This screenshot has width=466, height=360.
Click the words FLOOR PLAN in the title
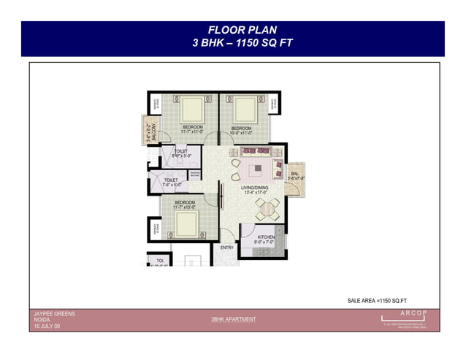pos(232,31)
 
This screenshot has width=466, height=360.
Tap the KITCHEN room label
pos(264,238)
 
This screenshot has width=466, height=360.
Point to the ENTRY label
pos(226,248)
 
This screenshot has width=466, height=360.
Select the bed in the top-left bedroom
pos(193,110)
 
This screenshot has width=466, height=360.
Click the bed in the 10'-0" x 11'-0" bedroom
pos(243,110)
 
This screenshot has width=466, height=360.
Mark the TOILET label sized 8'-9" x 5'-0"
pos(181,153)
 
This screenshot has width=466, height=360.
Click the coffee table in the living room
pos(257,171)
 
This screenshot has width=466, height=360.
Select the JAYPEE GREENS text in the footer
pos(55,314)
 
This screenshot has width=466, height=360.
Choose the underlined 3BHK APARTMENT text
pos(233,320)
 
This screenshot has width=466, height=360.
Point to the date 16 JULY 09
pos(47,326)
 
